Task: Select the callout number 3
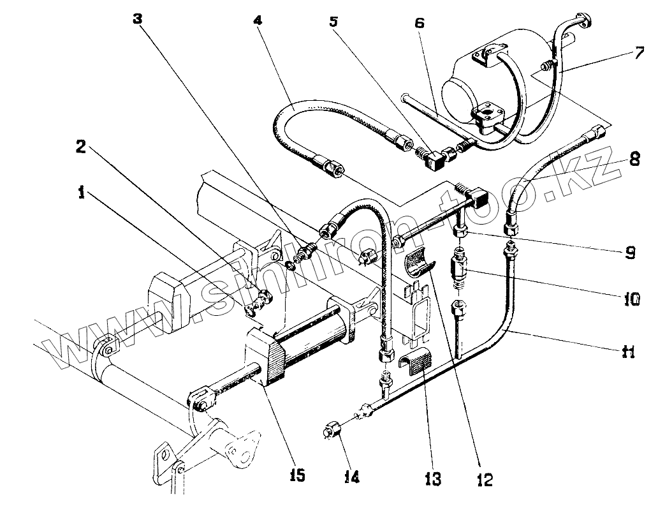pyautogui.click(x=138, y=19)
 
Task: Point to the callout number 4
pyautogui.click(x=257, y=20)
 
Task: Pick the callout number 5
pyautogui.click(x=333, y=20)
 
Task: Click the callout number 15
pyautogui.click(x=297, y=475)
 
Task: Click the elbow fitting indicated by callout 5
pyautogui.click(x=437, y=159)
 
